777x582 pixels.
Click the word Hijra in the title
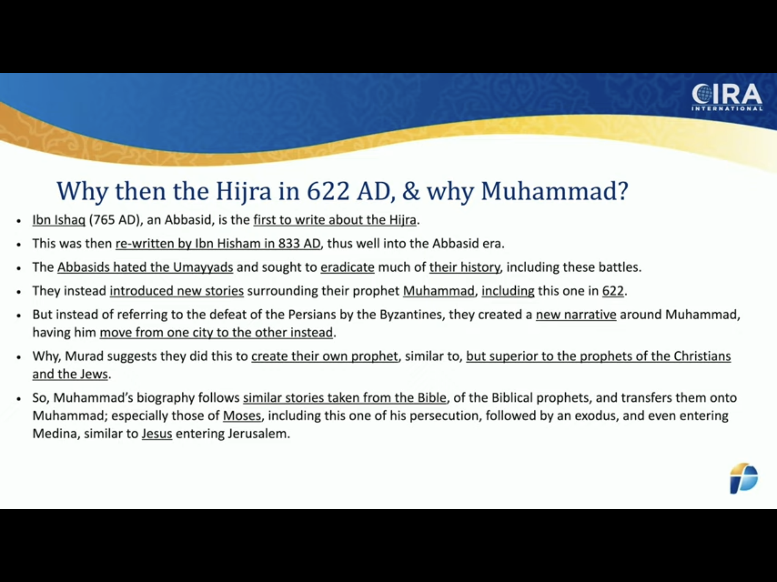click(x=244, y=192)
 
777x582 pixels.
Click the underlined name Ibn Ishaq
click(x=59, y=220)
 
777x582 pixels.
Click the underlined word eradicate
click(x=348, y=268)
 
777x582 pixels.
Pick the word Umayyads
click(x=203, y=268)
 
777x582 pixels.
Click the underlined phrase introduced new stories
click(x=177, y=291)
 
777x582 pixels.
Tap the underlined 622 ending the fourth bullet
click(x=613, y=291)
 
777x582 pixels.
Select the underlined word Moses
click(x=242, y=416)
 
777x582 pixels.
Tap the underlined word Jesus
click(x=157, y=433)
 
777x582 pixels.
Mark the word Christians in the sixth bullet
click(x=702, y=356)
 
